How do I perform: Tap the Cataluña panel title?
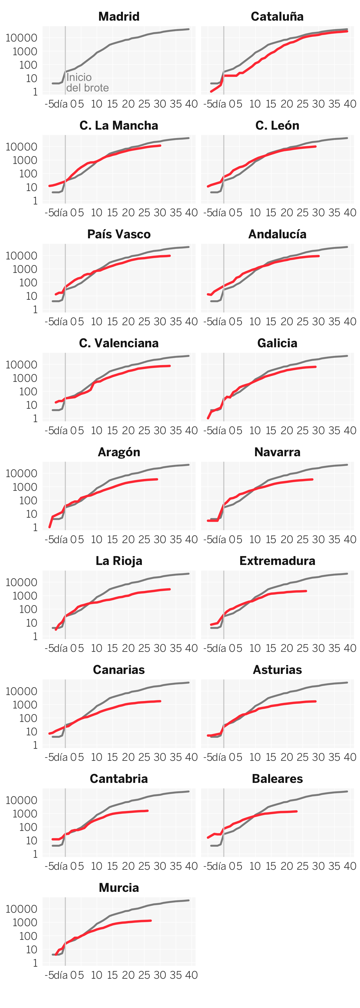coord(277,16)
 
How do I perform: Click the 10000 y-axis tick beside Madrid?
coord(22,38)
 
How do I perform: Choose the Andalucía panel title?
coord(277,234)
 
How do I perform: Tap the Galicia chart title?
coord(277,343)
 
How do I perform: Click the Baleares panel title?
coord(277,779)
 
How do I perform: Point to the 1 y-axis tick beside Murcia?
coord(35,963)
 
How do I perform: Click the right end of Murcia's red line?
coord(151,921)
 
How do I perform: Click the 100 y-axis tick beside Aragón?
coord(28,500)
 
